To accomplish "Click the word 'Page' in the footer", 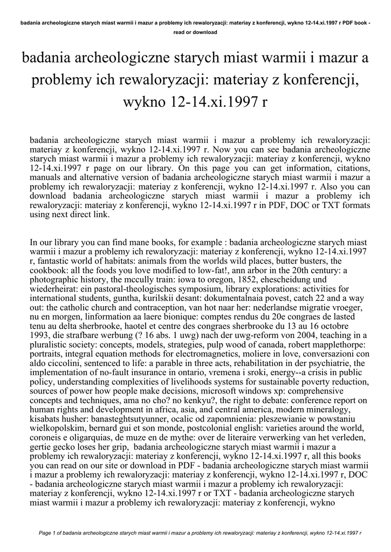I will pyautogui.click(x=48, y=533).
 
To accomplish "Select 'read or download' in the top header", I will pyautogui.click(x=195, y=32).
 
